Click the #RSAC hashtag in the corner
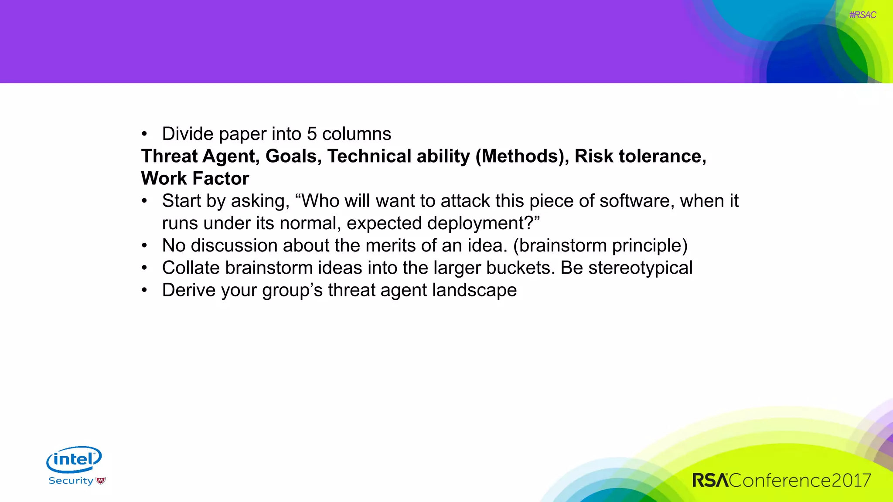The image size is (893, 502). click(x=862, y=15)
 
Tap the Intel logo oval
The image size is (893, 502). click(x=74, y=459)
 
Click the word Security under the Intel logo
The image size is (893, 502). click(x=71, y=481)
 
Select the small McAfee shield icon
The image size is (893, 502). click(x=101, y=481)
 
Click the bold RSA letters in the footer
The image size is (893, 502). click(x=710, y=480)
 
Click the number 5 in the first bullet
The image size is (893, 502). click(x=311, y=134)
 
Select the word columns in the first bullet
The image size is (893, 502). click(x=356, y=134)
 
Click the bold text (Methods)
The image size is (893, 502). click(x=522, y=156)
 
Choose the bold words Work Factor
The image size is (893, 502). click(x=195, y=178)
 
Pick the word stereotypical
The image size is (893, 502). click(x=640, y=268)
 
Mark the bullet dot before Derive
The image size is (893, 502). click(x=144, y=290)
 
